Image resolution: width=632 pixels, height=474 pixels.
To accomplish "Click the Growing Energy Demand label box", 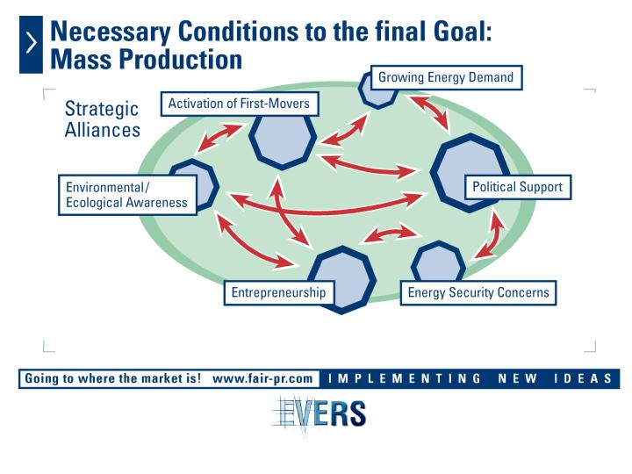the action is click(446, 77).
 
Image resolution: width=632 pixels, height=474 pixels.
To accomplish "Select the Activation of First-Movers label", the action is click(240, 104).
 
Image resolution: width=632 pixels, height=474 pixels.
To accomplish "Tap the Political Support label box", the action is click(518, 187).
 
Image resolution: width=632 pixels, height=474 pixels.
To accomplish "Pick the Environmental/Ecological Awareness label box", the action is click(127, 195).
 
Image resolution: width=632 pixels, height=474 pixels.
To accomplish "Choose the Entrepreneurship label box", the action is click(279, 292).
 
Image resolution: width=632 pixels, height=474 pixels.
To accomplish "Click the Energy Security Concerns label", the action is click(478, 292).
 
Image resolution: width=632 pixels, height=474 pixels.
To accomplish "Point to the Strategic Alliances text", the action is click(103, 119).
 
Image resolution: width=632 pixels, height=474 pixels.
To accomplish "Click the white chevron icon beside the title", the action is click(31, 43).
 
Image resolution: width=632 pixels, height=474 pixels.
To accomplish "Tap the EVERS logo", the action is click(320, 413).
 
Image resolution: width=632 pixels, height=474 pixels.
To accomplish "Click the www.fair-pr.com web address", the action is click(262, 379).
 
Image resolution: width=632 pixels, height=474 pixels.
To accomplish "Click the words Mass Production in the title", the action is click(146, 60).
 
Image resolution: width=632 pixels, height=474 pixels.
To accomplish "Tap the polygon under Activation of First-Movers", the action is click(283, 140).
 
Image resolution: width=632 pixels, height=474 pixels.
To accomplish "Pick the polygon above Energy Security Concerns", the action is click(439, 262).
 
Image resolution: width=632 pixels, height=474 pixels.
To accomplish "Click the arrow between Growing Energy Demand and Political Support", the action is click(430, 113).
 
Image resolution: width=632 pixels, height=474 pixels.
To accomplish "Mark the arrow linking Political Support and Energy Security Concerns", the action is click(489, 235).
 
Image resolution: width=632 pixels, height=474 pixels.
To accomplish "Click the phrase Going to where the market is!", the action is click(113, 379).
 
